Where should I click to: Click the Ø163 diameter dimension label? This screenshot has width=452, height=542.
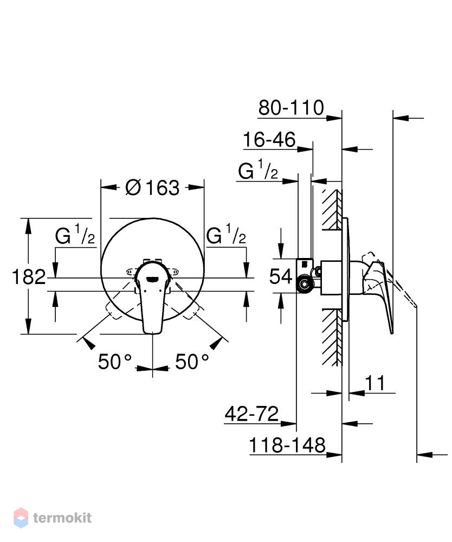(152, 188)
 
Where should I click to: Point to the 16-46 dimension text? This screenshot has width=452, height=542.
(269, 139)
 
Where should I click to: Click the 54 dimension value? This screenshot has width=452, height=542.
(281, 276)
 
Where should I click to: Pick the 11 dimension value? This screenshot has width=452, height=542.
(375, 383)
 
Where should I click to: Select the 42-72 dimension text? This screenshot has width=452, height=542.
(251, 414)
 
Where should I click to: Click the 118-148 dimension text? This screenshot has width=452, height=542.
(287, 445)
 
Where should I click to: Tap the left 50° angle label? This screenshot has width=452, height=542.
(115, 362)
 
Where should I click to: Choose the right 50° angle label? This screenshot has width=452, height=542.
(192, 362)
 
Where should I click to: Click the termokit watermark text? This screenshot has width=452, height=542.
(62, 518)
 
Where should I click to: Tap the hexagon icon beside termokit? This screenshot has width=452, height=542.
(21, 518)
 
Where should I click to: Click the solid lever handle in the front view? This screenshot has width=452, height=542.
(152, 297)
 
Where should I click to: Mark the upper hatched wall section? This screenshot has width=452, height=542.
(332, 210)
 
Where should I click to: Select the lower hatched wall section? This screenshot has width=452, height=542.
(332, 337)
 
